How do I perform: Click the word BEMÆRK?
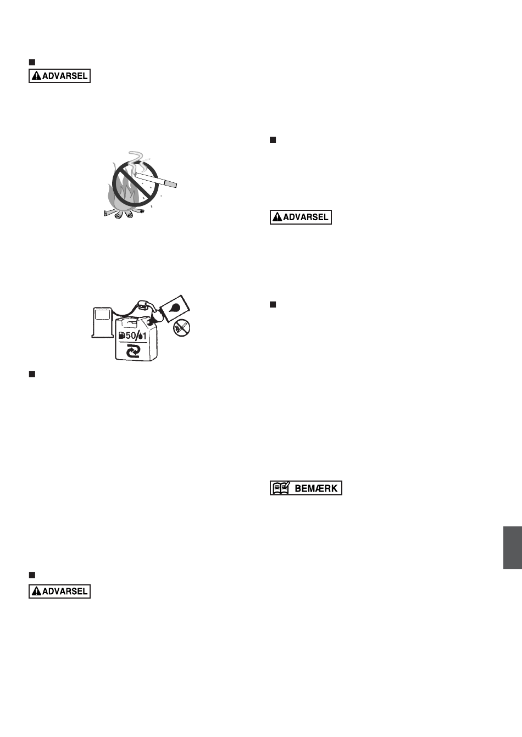pos(316,488)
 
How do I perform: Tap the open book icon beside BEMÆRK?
pos(281,488)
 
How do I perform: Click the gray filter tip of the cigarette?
pos(170,183)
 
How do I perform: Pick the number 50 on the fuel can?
pos(131,336)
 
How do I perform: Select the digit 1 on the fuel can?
pos(144,336)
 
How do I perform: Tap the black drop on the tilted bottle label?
pos(174,308)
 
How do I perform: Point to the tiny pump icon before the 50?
pos(122,336)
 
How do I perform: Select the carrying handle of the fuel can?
pos(129,323)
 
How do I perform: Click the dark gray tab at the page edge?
pos(513,548)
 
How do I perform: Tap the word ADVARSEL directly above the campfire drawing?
pos(65,76)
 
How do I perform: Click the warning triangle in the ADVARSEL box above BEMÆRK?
pos(277,217)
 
